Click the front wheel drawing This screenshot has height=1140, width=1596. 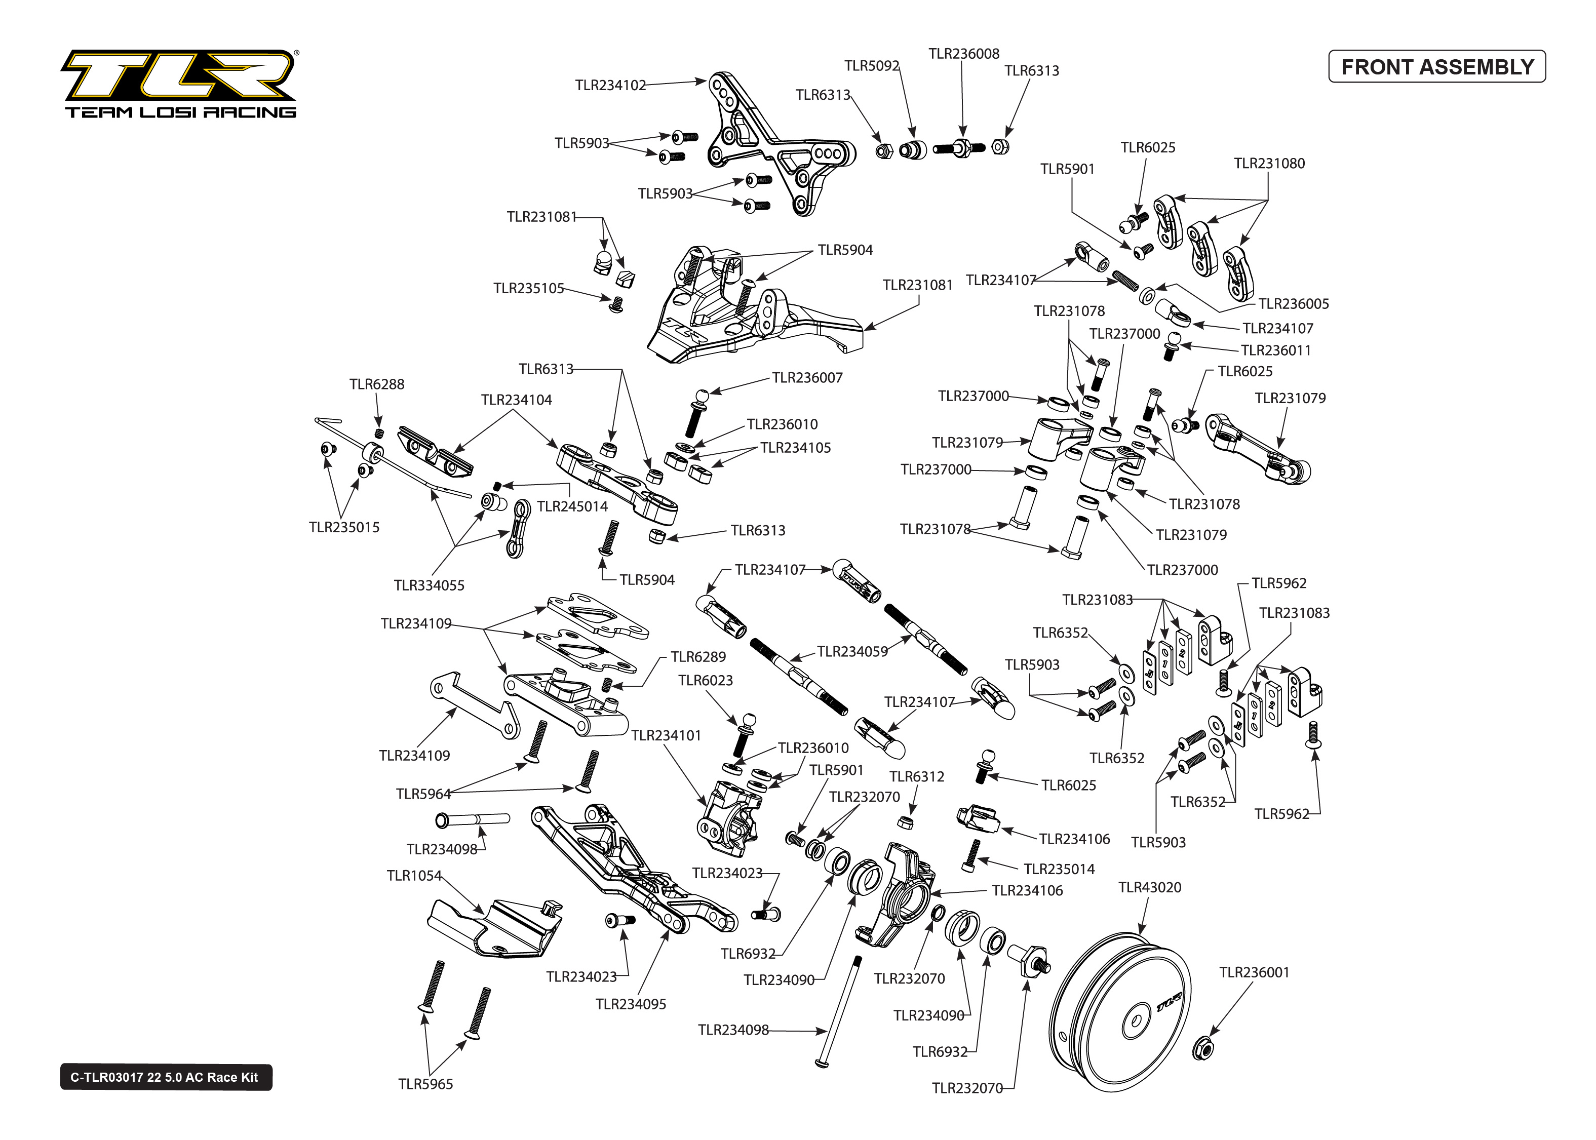[1121, 1011]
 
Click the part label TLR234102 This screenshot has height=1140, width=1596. [610, 86]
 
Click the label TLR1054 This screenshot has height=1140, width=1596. [414, 875]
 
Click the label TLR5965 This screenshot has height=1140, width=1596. [425, 1084]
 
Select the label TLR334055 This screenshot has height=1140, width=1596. [429, 585]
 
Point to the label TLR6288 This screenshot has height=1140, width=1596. [377, 384]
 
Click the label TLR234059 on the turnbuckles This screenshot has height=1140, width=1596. [852, 651]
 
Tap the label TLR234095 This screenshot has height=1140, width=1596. [630, 1004]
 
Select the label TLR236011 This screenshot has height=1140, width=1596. [1275, 350]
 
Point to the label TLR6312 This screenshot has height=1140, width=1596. [917, 776]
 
